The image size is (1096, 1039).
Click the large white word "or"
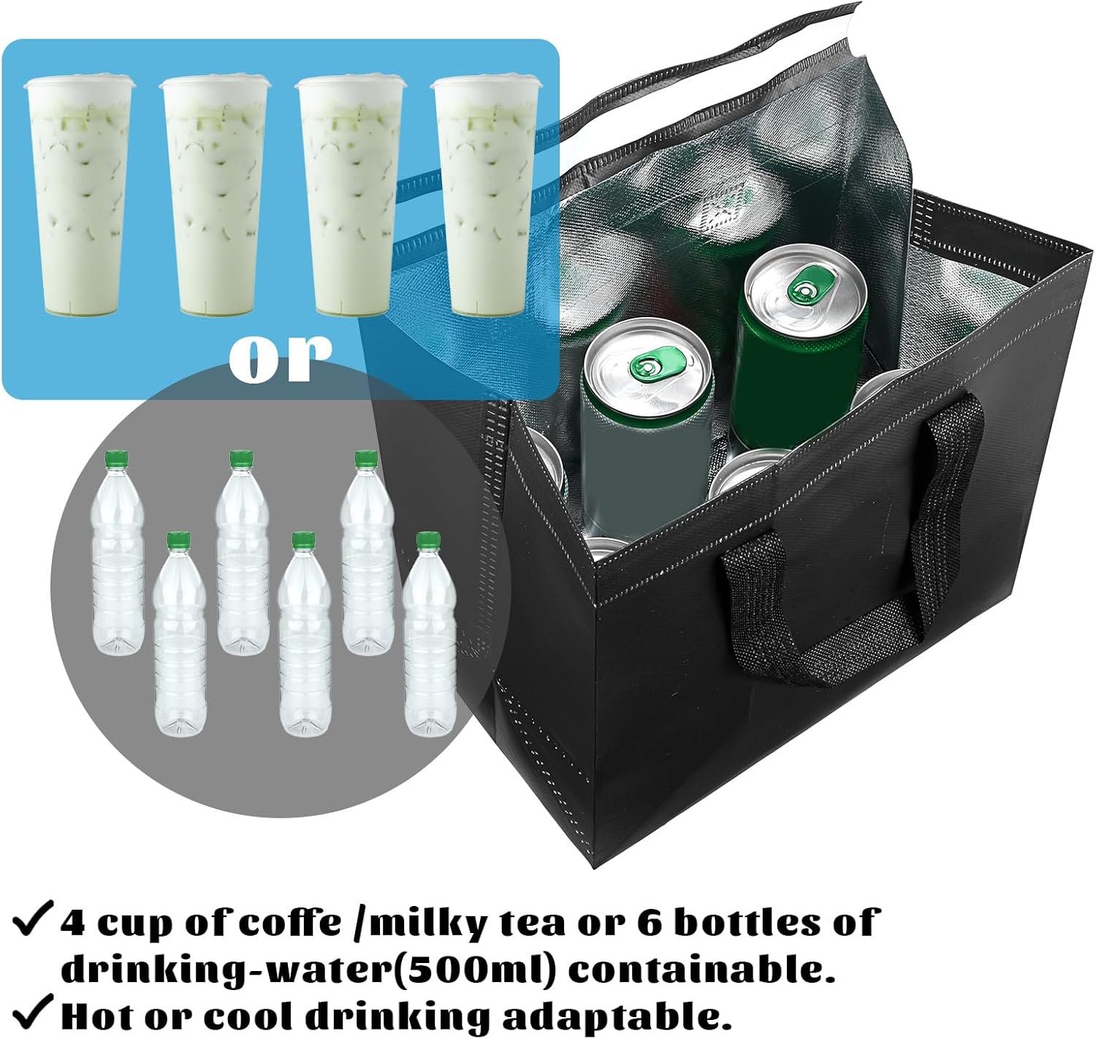281,359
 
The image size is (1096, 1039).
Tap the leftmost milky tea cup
79,196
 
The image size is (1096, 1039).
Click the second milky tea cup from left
215,196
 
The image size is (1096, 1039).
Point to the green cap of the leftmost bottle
116,460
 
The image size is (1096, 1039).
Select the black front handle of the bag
853,552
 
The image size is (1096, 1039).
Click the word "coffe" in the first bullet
290,922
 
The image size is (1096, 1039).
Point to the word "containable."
702,970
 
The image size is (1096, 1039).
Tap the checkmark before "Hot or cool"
32,1016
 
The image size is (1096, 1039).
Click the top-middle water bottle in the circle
242,553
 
